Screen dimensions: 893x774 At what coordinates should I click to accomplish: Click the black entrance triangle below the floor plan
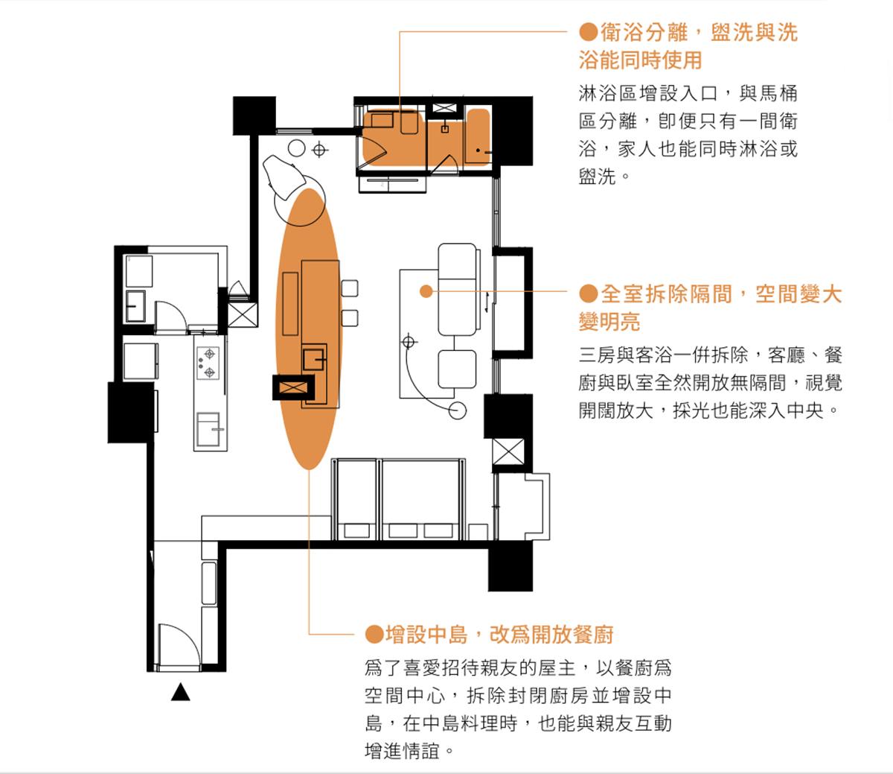[x=181, y=692]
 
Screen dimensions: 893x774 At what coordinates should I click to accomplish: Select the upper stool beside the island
[x=350, y=288]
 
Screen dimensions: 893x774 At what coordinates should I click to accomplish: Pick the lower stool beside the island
[x=350, y=318]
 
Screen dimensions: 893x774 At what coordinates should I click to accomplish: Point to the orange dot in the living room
[x=426, y=291]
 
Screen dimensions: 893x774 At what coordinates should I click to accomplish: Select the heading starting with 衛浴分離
[x=688, y=46]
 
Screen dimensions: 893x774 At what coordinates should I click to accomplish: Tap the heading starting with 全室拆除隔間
[x=710, y=308]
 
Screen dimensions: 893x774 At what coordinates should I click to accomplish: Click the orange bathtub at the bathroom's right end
[x=478, y=136]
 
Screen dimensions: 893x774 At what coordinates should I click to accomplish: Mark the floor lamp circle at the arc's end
[x=457, y=410]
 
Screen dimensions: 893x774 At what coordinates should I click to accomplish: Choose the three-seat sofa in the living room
[x=458, y=289]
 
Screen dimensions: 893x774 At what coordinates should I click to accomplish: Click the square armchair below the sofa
[x=457, y=369]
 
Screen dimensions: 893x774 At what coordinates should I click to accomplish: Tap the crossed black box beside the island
[x=293, y=387]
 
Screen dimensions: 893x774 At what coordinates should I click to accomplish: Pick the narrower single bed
[x=356, y=500]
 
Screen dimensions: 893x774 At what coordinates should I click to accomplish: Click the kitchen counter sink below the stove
[x=208, y=429]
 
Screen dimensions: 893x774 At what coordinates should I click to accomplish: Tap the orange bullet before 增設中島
[x=374, y=635]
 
